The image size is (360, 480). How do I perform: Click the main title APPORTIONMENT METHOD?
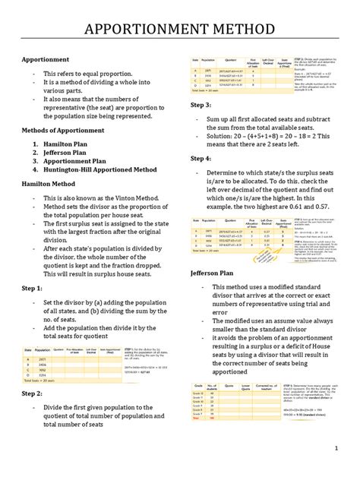click(x=179, y=29)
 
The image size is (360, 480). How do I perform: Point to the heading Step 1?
click(x=31, y=289)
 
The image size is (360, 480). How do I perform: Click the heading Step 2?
click(x=31, y=394)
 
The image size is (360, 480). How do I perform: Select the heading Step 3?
click(x=201, y=105)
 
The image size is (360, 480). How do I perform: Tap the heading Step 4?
click(x=201, y=158)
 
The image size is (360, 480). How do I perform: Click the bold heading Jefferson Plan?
click(x=214, y=273)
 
